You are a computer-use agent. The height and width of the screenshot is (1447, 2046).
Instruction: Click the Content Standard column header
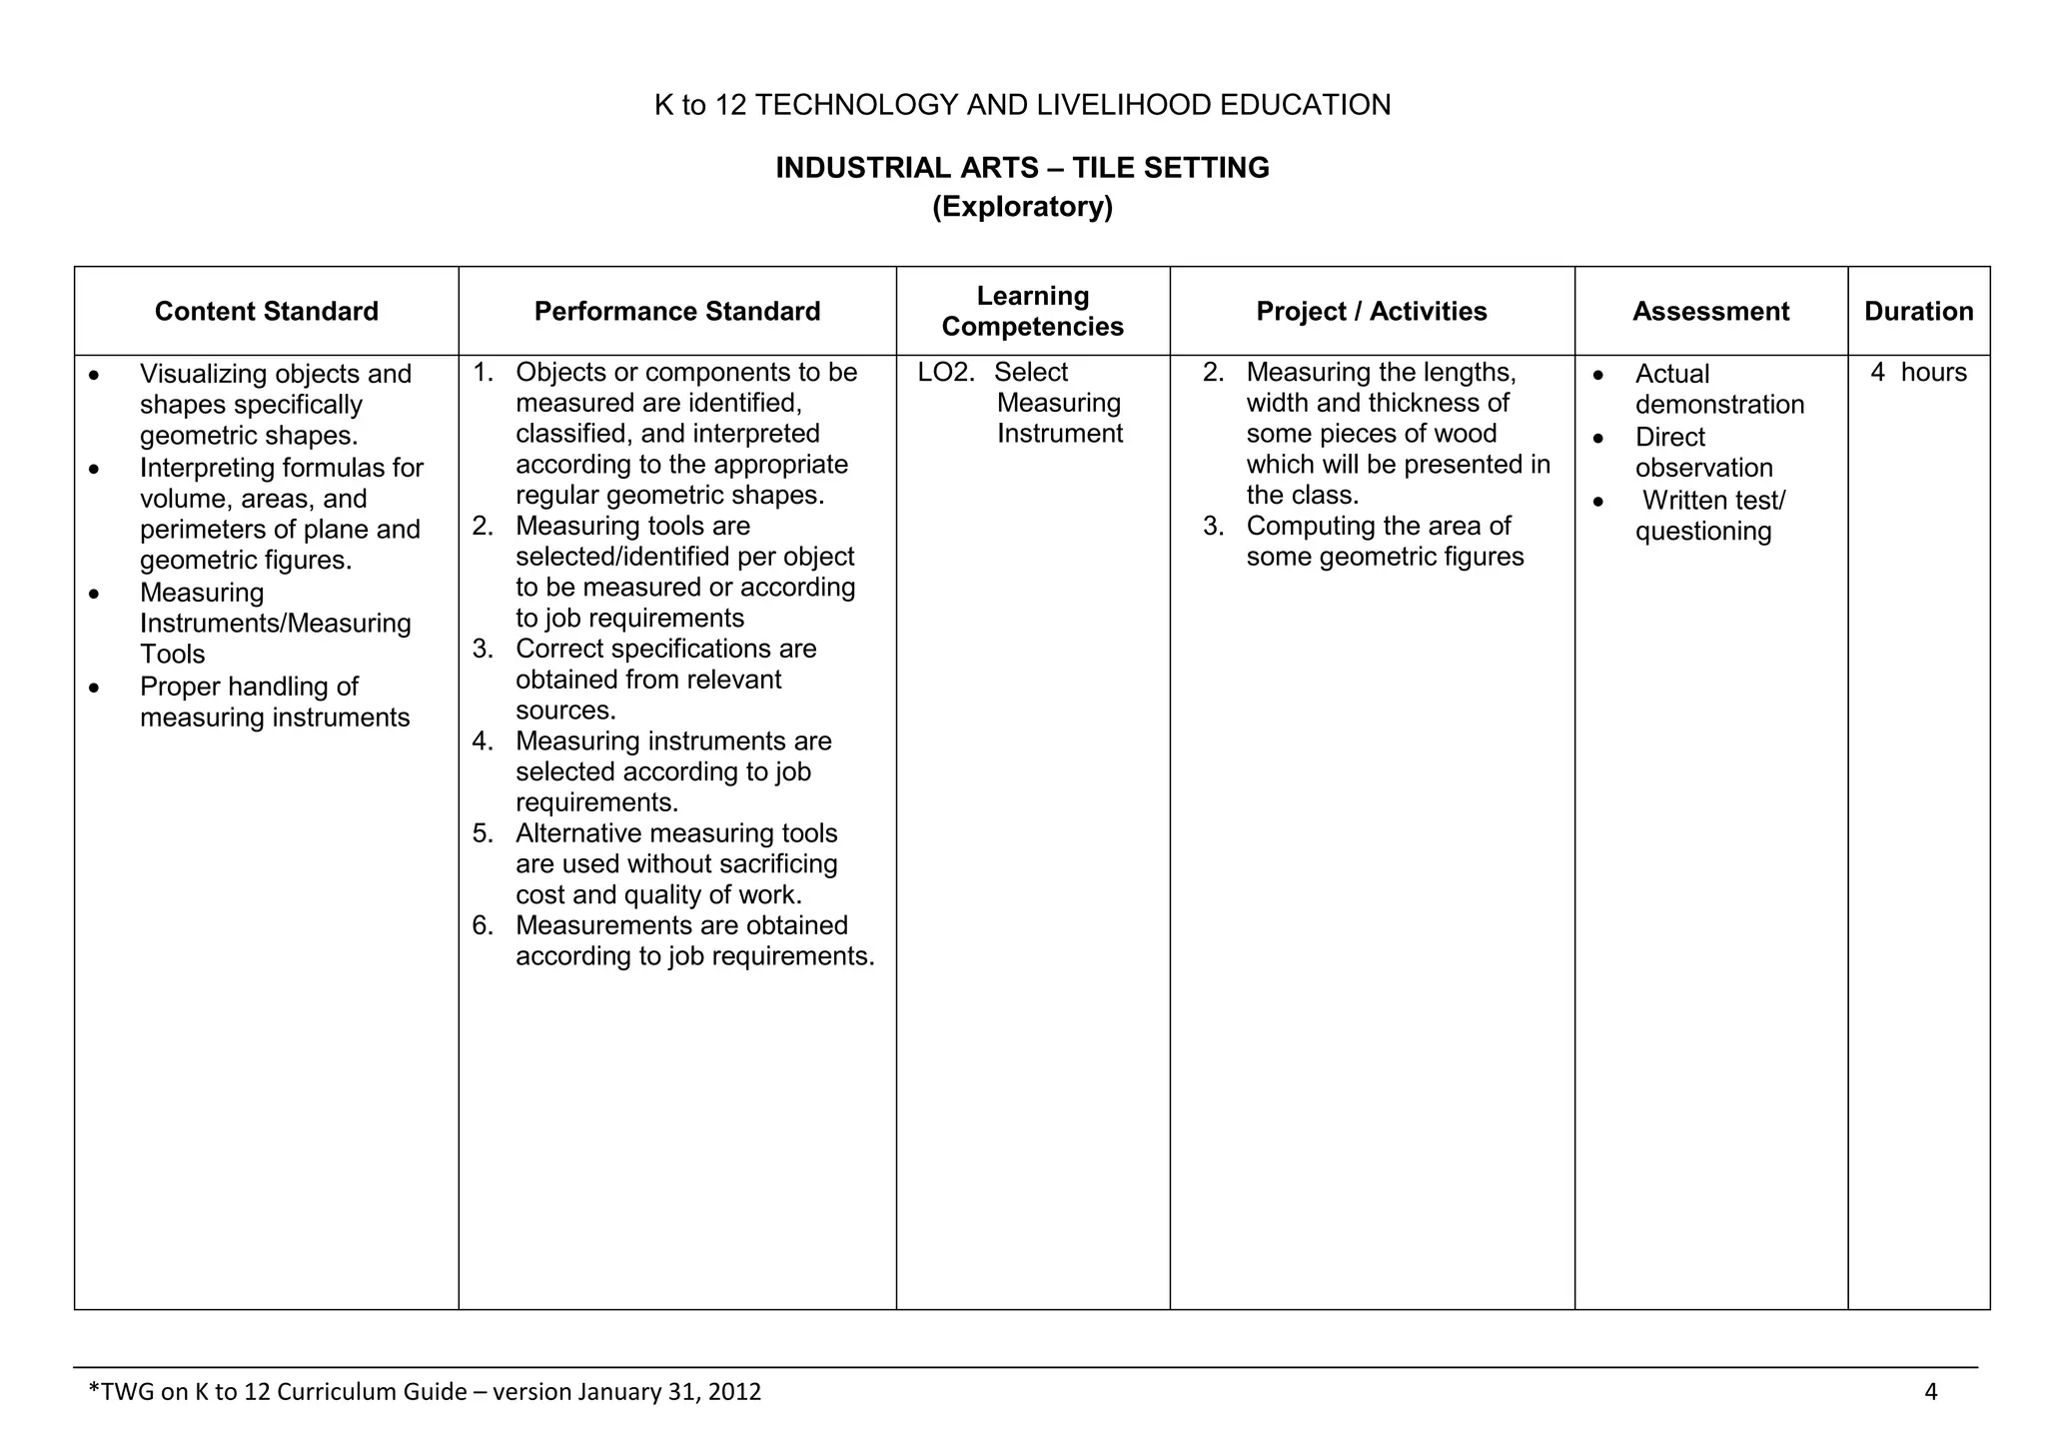pos(267,312)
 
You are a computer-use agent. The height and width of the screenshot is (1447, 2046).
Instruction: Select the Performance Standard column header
pos(677,312)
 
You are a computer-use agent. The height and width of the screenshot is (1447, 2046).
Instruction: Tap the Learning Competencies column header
pos(1032,311)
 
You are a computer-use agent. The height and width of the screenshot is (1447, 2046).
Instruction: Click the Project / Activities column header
pos(1371,312)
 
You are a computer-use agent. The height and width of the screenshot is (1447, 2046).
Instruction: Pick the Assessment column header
pos(1710,312)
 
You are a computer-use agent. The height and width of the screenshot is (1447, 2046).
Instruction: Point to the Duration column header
pos(1918,312)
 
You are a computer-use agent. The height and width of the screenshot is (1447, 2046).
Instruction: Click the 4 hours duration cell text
pos(1918,373)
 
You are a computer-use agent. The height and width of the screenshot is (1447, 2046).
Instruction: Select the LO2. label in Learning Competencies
pos(945,373)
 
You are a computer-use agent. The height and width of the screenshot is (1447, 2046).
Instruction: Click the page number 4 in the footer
pos(1930,1392)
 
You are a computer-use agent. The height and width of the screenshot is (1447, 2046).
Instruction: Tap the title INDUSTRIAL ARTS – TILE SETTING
pos(1022,168)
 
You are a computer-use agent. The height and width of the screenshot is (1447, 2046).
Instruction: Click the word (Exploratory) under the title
pos(1022,207)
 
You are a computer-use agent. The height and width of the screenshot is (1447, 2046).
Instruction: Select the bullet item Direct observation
pos(1703,453)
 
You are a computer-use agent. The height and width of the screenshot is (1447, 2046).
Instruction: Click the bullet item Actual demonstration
pos(1718,389)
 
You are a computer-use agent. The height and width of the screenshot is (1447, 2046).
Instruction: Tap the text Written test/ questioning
pos(1710,516)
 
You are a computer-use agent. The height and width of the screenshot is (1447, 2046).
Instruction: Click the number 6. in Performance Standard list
pos(483,925)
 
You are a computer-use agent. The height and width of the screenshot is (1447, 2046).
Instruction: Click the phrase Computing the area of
pos(1378,527)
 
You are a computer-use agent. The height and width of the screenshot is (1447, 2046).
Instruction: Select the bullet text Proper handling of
pos(249,688)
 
